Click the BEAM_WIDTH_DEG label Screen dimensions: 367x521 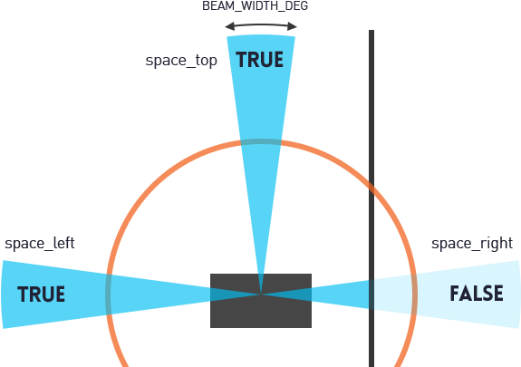pos(260,7)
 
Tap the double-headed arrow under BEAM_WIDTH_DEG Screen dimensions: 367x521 pos(261,25)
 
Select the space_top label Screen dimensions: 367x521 pos(181,61)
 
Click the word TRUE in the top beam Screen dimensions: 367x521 pos(260,61)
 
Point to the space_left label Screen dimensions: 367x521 pos(40,244)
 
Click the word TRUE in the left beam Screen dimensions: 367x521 pos(42,295)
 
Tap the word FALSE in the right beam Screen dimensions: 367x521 pos(477,295)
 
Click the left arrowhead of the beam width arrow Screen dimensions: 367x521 pos(228,25)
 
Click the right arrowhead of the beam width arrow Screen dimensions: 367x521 pos(294,25)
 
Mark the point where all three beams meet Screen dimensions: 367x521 pos(261,294)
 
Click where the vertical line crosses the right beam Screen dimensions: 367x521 pos(371,294)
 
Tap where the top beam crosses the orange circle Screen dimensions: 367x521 pos(261,142)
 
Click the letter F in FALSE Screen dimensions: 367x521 pos(455,295)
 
